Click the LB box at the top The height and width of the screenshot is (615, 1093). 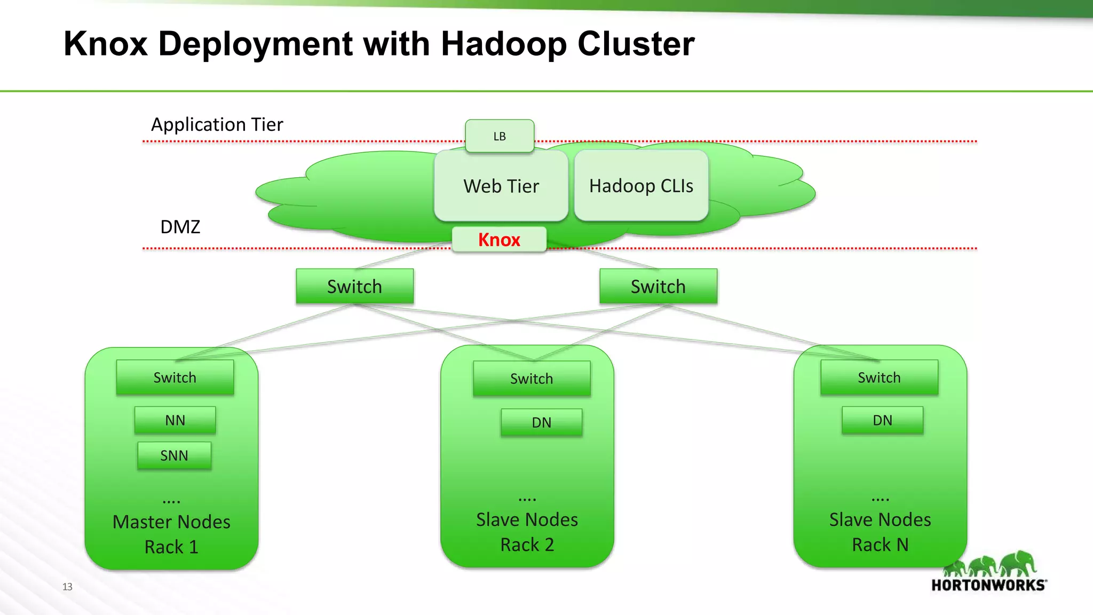tap(500, 136)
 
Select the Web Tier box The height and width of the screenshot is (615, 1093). tap(501, 186)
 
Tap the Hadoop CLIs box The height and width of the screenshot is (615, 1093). tap(641, 186)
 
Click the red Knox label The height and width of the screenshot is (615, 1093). tap(499, 240)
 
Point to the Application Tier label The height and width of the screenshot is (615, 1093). tap(217, 124)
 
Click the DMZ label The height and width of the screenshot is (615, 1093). tap(180, 227)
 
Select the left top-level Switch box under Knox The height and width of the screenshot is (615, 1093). tap(354, 287)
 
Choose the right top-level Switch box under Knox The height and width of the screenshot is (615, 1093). tap(658, 287)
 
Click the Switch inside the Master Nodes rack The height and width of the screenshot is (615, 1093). tap(175, 377)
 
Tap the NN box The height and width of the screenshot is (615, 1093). tap(175, 420)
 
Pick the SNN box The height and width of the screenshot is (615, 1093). tap(175, 455)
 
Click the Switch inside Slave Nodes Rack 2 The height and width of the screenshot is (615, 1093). tap(532, 379)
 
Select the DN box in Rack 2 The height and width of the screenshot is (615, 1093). tap(541, 422)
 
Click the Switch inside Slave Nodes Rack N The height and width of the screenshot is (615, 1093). tap(879, 377)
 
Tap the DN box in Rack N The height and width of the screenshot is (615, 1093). tap(882, 420)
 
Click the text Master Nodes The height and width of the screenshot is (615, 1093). tap(171, 522)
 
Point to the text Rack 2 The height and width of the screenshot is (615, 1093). tap(527, 545)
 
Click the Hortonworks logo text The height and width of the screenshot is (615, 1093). tap(988, 585)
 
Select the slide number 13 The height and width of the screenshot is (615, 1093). tap(67, 587)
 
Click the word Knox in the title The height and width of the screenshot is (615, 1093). tap(106, 44)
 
